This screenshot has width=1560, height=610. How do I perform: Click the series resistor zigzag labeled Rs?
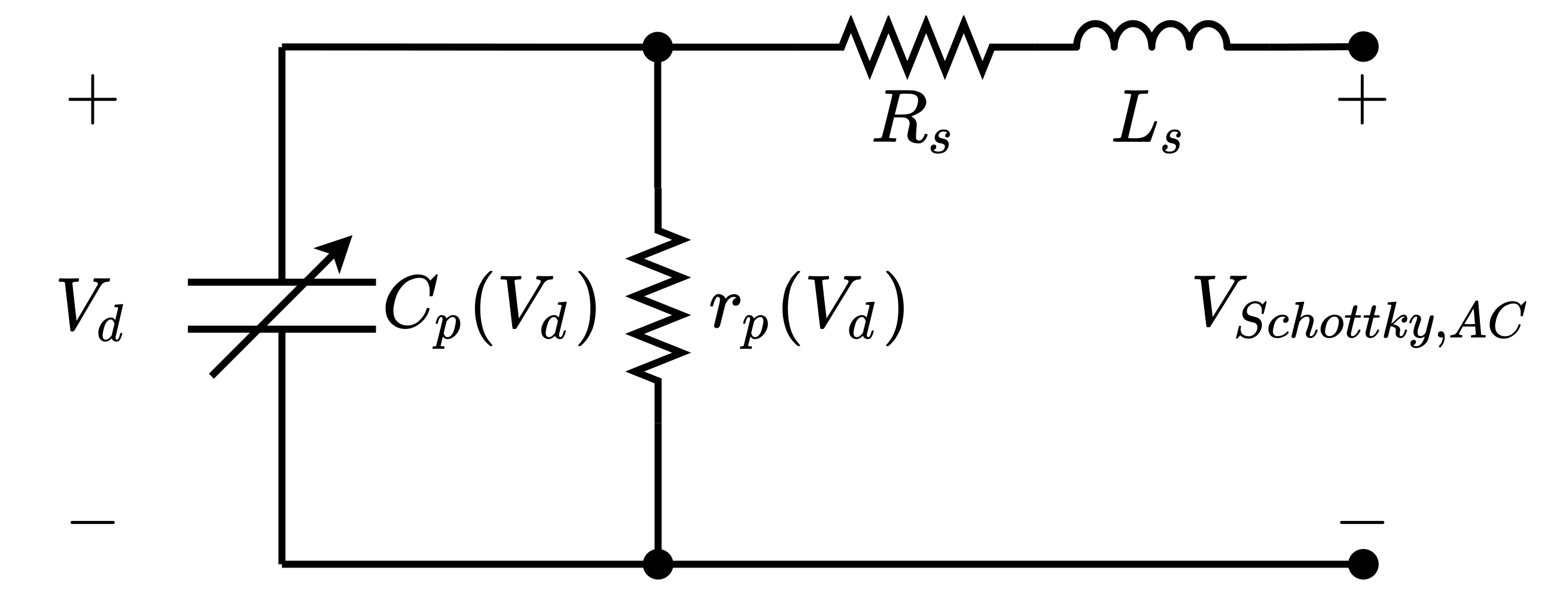coord(916,47)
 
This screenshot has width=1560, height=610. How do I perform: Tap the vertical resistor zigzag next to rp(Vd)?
coord(657,306)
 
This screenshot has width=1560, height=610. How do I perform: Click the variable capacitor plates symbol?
coord(282,306)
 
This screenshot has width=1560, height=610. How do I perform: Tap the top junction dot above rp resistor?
coord(657,47)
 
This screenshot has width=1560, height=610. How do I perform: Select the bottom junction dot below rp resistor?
coord(657,564)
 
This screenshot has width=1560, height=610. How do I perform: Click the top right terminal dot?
coord(1364,47)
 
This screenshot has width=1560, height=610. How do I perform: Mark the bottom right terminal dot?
coord(1364,564)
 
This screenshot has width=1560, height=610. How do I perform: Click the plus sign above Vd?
coord(93,99)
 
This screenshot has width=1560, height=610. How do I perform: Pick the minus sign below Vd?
coord(93,522)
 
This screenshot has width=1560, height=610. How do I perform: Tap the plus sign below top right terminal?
coord(1362,99)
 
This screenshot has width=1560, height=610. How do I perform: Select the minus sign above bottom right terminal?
coord(1362,522)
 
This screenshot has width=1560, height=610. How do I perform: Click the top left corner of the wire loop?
coord(282,47)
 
